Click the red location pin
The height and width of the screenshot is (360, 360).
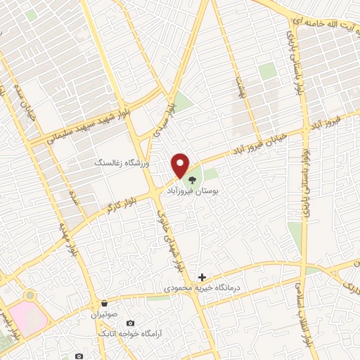coord(181,165)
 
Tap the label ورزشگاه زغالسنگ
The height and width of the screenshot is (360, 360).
coord(122,162)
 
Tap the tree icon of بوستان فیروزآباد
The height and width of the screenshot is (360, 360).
coord(191,179)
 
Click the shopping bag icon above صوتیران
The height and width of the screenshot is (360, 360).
coord(103,303)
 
